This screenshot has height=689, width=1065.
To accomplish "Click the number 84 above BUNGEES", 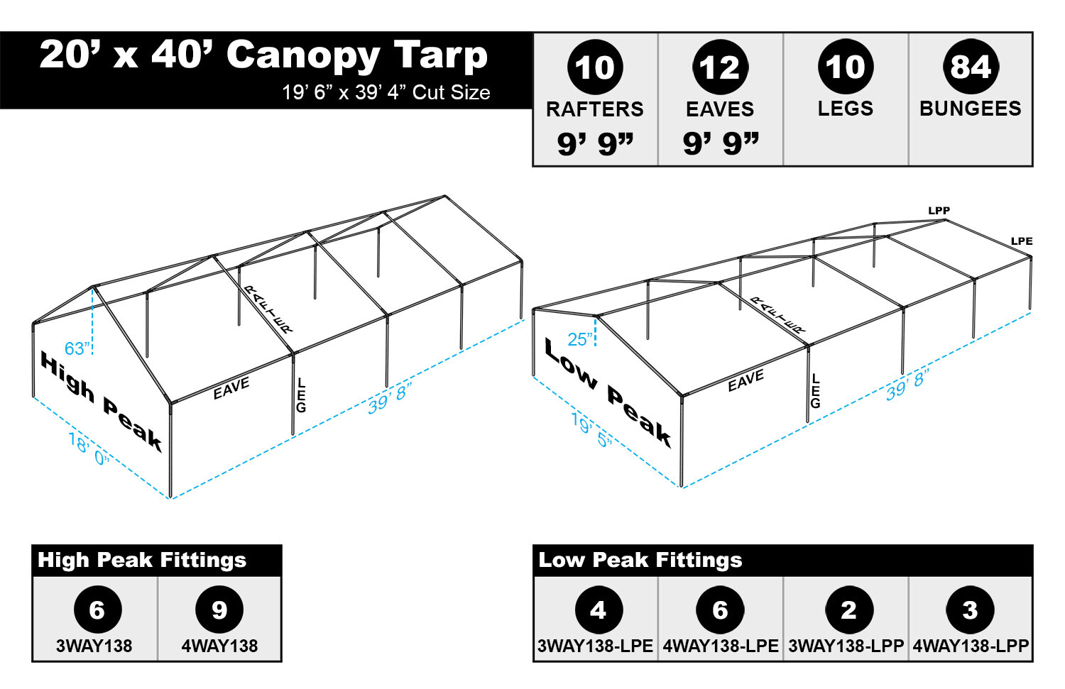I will [x=970, y=67].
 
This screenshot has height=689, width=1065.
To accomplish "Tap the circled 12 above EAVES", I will [x=720, y=67].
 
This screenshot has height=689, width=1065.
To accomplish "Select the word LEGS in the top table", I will [x=845, y=109].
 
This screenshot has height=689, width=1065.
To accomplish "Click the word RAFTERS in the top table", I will [x=594, y=109].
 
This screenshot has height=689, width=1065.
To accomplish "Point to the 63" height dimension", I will [x=77, y=348].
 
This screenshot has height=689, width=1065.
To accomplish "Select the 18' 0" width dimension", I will [x=89, y=450].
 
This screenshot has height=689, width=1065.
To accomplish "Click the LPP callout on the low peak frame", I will [x=939, y=211].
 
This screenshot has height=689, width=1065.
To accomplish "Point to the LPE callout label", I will [x=1021, y=241].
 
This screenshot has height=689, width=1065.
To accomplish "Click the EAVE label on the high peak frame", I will [x=231, y=388].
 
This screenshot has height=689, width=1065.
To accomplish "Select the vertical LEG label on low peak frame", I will [x=815, y=391].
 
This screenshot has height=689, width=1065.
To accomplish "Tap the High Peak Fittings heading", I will [x=142, y=560].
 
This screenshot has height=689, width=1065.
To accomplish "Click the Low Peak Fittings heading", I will [x=640, y=560].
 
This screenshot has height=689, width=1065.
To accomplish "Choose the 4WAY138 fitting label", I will [x=219, y=646].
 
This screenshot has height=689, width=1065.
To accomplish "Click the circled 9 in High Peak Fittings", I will [x=219, y=610].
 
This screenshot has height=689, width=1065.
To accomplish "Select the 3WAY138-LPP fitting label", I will [x=846, y=646].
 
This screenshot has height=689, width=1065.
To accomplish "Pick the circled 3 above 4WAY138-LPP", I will [x=970, y=610].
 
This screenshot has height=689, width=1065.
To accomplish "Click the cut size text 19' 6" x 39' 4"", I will [x=386, y=92].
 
